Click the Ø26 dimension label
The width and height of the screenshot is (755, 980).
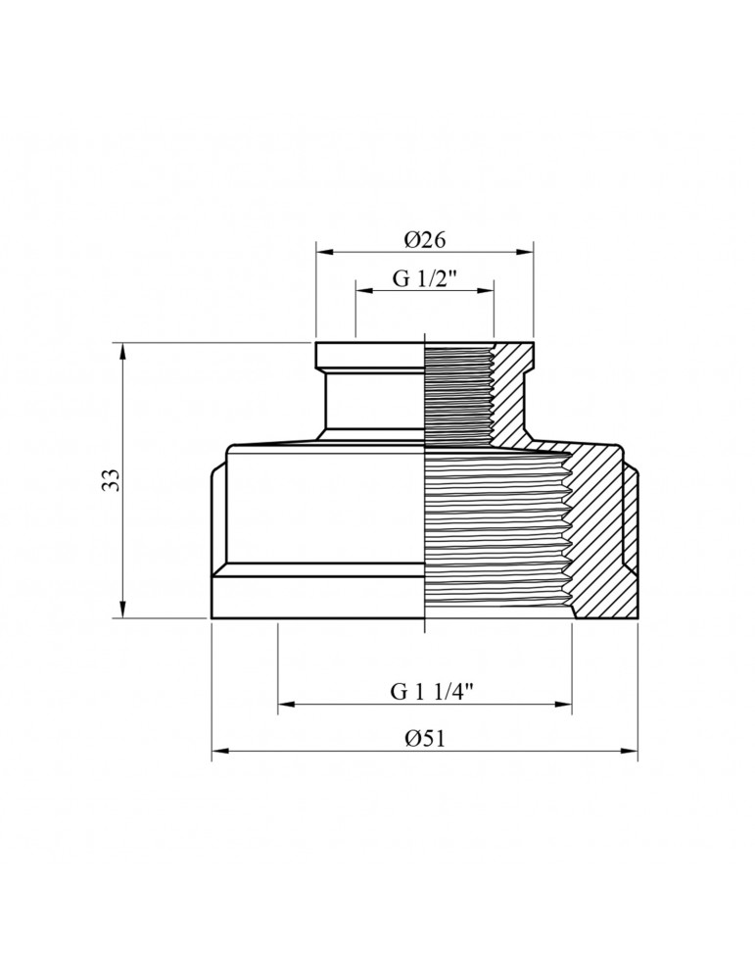[x=424, y=239]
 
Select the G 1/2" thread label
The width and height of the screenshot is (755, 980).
[x=425, y=277]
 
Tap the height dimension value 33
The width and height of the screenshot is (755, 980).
[x=111, y=480]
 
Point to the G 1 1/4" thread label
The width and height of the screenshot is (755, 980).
[x=425, y=690]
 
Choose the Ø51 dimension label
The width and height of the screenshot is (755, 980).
[x=425, y=738]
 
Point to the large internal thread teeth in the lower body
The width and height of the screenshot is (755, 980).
[x=499, y=529]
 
